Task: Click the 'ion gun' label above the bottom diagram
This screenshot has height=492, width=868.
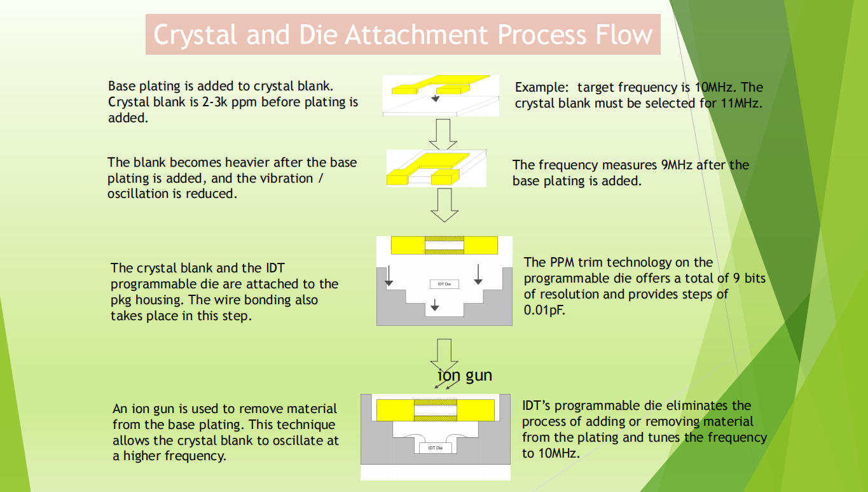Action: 465,376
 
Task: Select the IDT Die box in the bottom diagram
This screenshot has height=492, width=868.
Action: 436,448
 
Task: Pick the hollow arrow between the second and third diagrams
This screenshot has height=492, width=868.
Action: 444,205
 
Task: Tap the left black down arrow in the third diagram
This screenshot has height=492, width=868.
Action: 389,274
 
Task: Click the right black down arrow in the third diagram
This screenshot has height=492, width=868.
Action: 478,274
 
